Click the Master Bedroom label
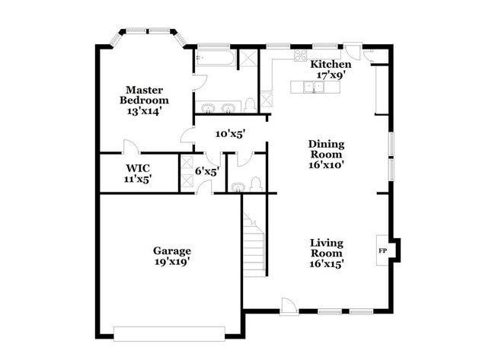pyautogui.click(x=144, y=94)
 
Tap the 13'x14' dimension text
pyautogui.click(x=144, y=110)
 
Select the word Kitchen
pyautogui.click(x=331, y=65)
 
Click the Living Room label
pyautogui.click(x=326, y=248)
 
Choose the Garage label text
pyautogui.click(x=171, y=250)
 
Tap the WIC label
pyautogui.click(x=138, y=167)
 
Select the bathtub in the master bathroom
pyautogui.click(x=214, y=58)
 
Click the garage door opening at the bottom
pyautogui.click(x=169, y=333)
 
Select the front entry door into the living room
pyautogui.click(x=289, y=307)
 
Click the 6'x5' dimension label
pyautogui.click(x=206, y=171)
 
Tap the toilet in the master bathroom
pyautogui.click(x=249, y=105)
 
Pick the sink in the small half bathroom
pyautogui.click(x=237, y=185)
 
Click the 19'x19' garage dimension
pyautogui.click(x=171, y=262)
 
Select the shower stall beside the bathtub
pyautogui.click(x=247, y=58)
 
